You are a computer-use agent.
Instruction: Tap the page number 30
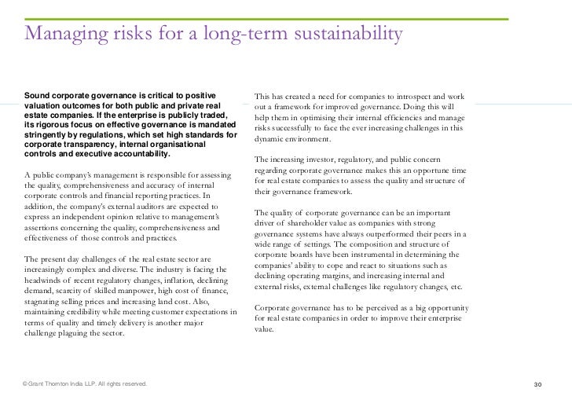(x=538, y=383)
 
